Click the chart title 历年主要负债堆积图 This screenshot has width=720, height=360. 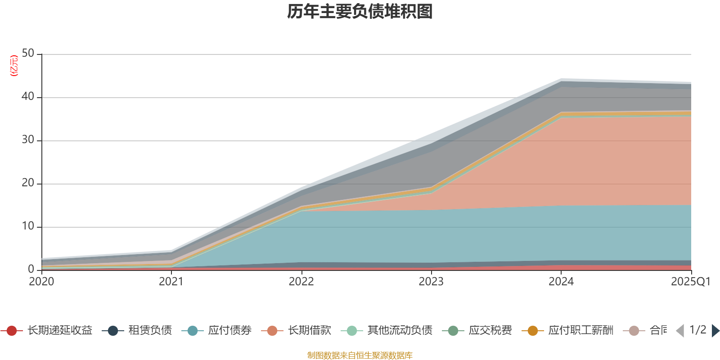point(360,12)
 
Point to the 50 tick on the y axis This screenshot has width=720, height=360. point(28,54)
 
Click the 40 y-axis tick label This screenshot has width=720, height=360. point(28,97)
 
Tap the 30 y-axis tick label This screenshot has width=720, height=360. point(28,140)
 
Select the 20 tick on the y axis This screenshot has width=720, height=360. point(28,183)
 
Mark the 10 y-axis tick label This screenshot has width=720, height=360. point(28,226)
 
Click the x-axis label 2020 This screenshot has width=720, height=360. point(41,282)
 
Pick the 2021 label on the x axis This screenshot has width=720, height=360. point(171,282)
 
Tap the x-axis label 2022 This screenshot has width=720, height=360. point(301,282)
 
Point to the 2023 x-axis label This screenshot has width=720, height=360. point(431,282)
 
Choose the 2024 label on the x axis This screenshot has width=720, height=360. point(561,282)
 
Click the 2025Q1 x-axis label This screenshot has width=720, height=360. point(690,282)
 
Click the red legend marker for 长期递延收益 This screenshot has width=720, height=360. point(12,331)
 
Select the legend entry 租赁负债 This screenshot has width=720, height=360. point(150,331)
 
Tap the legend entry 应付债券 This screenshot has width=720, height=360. point(229,331)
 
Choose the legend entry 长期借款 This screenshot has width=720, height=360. point(309,331)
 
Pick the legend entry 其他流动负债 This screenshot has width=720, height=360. point(400,331)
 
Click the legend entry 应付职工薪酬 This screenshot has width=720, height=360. point(580,331)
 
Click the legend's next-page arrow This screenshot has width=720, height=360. point(715,331)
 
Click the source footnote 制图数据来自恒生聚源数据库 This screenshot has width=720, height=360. point(360,355)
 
